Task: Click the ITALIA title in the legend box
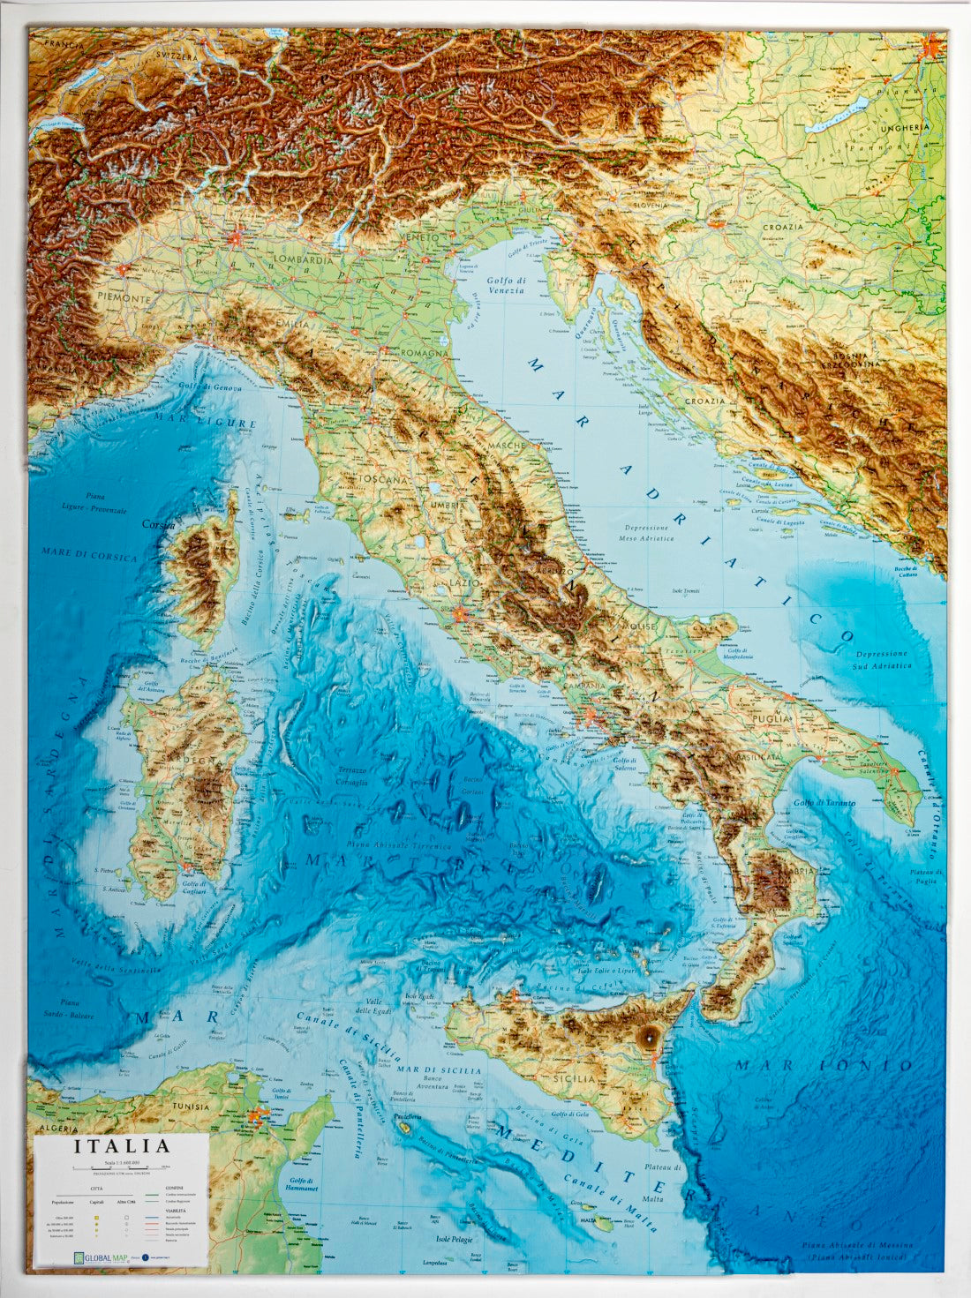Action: [122, 1146]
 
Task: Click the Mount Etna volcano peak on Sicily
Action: [651, 1038]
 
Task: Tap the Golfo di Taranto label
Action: [827, 802]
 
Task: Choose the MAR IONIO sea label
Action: [823, 1066]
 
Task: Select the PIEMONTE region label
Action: [125, 298]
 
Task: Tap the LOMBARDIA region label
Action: [304, 260]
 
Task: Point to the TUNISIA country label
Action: [191, 1107]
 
